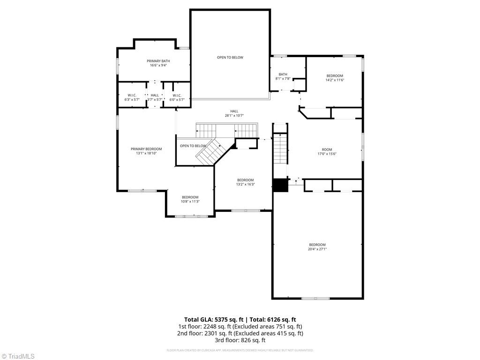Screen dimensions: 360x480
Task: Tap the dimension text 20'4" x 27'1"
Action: pos(317,249)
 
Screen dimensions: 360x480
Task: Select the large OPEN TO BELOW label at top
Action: pos(230,58)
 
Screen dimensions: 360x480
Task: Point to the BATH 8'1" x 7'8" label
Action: pos(283,76)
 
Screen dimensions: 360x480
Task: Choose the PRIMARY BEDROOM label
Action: pos(146,151)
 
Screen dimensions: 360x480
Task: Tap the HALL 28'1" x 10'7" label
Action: pos(234,113)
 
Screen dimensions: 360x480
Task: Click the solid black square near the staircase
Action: pos(280,185)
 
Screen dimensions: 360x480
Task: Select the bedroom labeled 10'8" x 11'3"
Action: pos(190,199)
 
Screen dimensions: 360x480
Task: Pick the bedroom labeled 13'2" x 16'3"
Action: pos(245,182)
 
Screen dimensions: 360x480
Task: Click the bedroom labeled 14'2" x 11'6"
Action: pos(335,78)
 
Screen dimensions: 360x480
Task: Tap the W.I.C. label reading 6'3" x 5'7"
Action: pos(132,97)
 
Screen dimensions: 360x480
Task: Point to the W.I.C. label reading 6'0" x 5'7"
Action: pos(177,97)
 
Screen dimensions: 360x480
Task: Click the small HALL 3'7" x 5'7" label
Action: pos(155,97)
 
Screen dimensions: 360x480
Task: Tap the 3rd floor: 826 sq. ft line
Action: pos(240,340)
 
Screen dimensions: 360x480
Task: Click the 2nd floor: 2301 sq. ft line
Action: pos(240,333)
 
